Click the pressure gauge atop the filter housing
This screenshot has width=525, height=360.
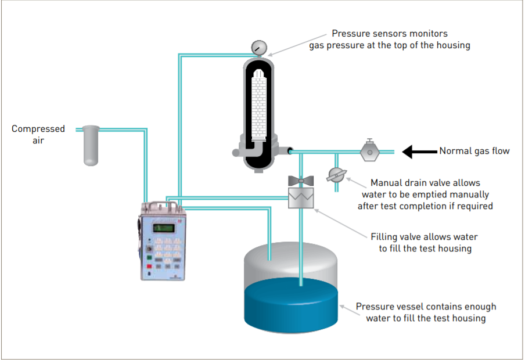pyautogui.click(x=257, y=46)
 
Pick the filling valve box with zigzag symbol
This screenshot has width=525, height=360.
pyautogui.click(x=301, y=197)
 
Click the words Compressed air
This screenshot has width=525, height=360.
pyautogui.click(x=38, y=134)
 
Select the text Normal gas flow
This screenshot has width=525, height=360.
pyautogui.click(x=474, y=151)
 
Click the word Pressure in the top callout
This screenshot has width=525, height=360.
pyautogui.click(x=351, y=34)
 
